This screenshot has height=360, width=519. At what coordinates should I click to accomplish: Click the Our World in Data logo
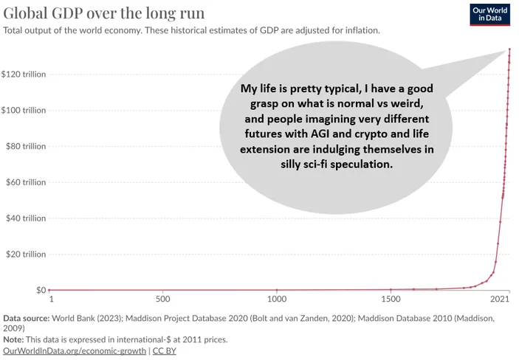coord(490,14)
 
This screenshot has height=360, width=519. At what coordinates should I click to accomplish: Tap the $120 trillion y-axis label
coord(24,74)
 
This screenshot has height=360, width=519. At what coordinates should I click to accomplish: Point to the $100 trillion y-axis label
coord(24,110)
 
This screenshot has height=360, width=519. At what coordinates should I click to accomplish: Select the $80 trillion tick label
coord(26,146)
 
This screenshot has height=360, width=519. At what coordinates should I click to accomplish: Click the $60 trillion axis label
coord(26,182)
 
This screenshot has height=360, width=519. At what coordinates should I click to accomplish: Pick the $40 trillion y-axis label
coord(26,218)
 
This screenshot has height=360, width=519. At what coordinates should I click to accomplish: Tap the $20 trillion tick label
coord(26,255)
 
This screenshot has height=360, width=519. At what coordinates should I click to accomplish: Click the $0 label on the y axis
coord(41,290)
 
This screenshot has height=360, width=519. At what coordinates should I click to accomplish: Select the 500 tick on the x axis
coord(163,299)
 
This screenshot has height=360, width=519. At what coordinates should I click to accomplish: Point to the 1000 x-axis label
coord(277,299)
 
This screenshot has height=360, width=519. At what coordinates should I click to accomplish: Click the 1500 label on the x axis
coord(391,299)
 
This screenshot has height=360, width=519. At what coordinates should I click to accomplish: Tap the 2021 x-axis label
coord(500,299)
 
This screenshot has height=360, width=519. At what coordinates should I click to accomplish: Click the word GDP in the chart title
coord(67,13)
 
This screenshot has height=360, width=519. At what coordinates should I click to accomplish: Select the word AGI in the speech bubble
coord(320,134)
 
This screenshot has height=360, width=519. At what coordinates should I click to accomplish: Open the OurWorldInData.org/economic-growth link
coord(75,350)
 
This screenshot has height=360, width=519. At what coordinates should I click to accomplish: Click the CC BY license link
coord(164,350)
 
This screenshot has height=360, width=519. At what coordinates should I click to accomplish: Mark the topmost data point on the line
coord(509,49)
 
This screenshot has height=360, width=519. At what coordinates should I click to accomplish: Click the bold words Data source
coord(27,318)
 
